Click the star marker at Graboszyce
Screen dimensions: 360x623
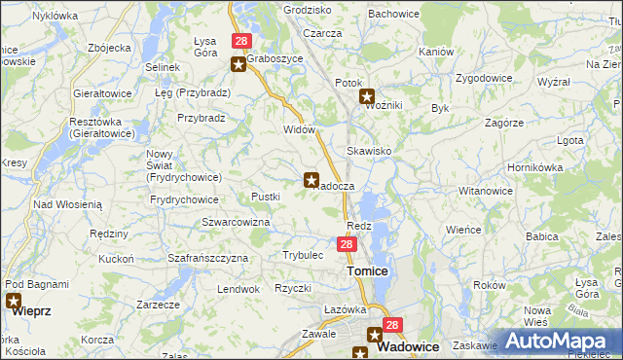pos(238,64)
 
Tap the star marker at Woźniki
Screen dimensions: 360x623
pos(367,96)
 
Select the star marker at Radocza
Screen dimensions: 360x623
pos(311,179)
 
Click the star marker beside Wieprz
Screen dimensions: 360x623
pos(13,302)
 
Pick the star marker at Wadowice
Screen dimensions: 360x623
pos(375,334)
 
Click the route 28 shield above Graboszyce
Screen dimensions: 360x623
pos(241,42)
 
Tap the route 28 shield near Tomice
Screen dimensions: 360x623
pos(347,245)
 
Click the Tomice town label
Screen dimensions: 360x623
pos(368,271)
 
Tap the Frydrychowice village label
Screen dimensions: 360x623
pos(184,199)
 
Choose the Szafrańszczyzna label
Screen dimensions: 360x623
pos(208,258)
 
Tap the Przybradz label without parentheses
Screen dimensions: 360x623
pos(202,118)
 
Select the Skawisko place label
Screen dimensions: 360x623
pos(369,151)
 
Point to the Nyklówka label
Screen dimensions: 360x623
pos(55,16)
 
